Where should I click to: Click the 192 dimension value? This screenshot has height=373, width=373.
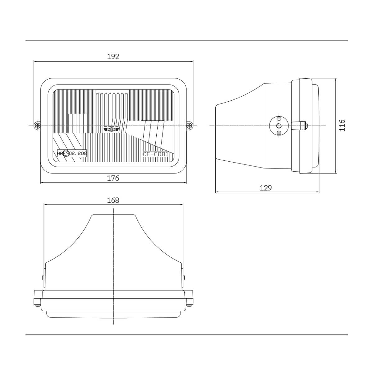[x=113, y=57]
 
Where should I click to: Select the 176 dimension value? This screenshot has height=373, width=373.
[x=113, y=178]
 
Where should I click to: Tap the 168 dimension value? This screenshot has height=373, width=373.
[x=113, y=200]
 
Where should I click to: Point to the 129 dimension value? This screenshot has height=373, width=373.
[x=265, y=188]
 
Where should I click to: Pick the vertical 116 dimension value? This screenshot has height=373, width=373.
[x=342, y=125]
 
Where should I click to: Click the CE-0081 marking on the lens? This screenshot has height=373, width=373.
[x=155, y=154]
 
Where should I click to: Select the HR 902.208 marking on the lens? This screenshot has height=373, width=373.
[x=72, y=153]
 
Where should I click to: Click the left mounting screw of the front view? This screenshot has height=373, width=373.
[x=38, y=126]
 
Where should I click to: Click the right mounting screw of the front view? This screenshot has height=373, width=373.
[x=189, y=126]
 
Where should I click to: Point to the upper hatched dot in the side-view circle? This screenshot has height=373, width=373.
[x=279, y=119]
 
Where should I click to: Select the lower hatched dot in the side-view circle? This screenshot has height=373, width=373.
[x=279, y=133]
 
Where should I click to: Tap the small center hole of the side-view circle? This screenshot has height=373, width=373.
[x=279, y=126]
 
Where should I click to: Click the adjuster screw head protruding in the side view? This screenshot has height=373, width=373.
[x=306, y=126]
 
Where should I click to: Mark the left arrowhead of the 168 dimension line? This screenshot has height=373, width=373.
[x=45, y=205]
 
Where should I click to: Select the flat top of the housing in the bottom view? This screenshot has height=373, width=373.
[x=113, y=214]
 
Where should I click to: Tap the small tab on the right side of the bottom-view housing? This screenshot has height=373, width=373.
[x=184, y=278]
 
